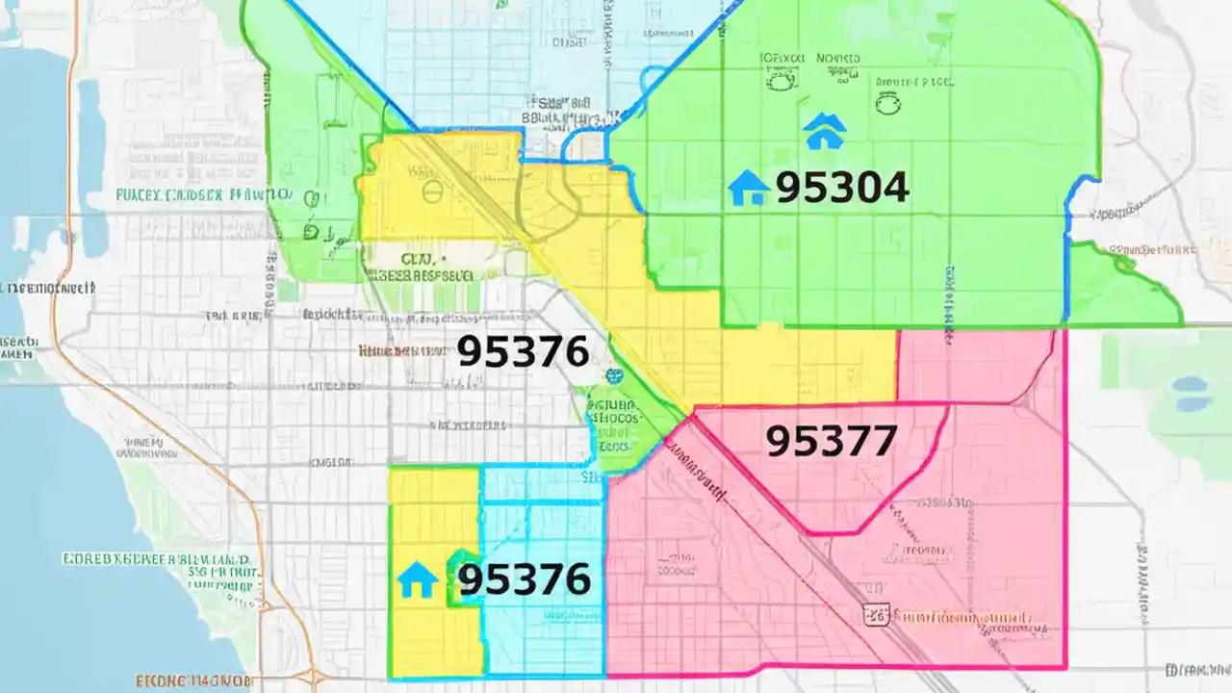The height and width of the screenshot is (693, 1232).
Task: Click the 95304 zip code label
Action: (841, 189)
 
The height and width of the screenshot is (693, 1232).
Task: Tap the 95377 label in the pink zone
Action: (831, 441)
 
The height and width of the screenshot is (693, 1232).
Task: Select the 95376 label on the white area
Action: (522, 352)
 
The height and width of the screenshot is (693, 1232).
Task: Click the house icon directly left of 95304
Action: (748, 189)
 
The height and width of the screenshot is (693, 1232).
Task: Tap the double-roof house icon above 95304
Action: (825, 131)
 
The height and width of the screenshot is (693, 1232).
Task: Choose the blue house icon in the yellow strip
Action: (417, 580)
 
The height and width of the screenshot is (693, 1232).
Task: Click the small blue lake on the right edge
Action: (1191, 387)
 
